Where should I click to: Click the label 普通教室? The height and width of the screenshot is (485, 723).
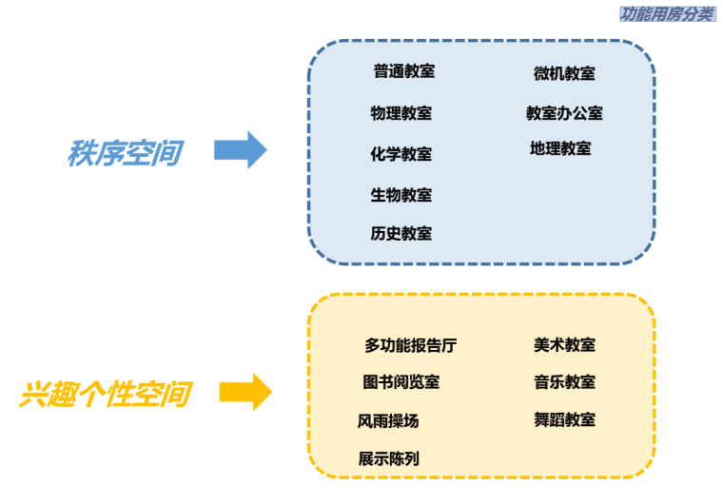[x=403, y=71]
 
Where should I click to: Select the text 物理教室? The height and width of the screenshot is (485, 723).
[x=401, y=114]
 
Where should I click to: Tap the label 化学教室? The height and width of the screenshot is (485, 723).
[x=401, y=154]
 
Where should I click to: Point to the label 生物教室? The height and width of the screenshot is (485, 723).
[x=401, y=195]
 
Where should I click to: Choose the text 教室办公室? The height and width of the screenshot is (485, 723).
[x=564, y=113]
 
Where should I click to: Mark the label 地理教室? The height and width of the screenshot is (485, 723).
[x=560, y=149]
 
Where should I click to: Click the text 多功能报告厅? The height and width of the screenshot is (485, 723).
[x=410, y=345]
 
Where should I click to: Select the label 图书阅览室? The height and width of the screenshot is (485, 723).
[x=401, y=382]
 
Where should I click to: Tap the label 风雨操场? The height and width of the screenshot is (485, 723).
[x=388, y=420]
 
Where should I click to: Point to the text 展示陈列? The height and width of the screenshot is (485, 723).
[x=388, y=458]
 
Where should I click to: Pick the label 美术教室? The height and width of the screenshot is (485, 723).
[x=564, y=345]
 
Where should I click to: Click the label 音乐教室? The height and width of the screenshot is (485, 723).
[x=564, y=382]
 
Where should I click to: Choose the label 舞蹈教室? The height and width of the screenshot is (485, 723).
[x=564, y=419]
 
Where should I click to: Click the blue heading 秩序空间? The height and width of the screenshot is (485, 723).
[x=124, y=153]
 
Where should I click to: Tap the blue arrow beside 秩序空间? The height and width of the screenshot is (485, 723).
[x=240, y=150]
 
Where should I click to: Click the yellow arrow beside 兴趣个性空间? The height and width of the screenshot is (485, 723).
[x=245, y=392]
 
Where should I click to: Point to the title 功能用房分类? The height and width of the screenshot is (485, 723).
[x=666, y=13]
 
